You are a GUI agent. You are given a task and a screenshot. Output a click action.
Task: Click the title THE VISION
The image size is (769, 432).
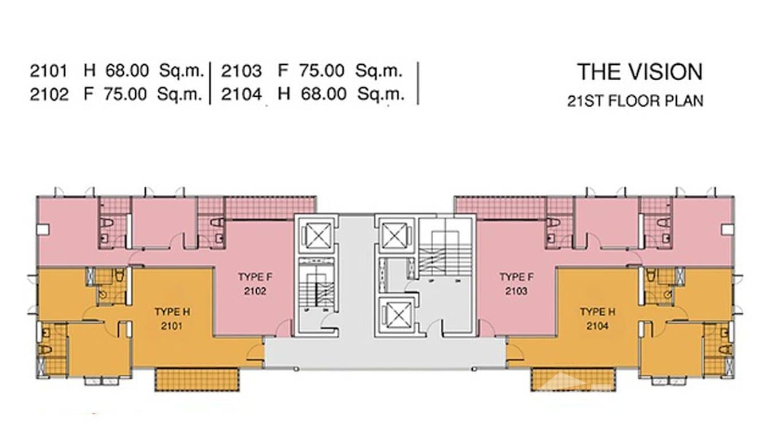click(639, 72)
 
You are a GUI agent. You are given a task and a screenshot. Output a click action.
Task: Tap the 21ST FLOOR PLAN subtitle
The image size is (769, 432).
click(635, 101)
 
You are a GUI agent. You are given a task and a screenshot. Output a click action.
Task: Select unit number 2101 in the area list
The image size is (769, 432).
click(48, 72)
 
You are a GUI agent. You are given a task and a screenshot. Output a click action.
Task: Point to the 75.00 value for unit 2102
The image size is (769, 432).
click(125, 94)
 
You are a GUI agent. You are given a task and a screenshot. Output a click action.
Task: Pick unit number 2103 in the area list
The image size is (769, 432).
click(241, 72)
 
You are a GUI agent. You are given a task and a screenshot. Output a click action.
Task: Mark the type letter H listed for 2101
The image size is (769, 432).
click(89, 72)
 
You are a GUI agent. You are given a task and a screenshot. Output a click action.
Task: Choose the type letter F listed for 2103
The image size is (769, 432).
click(283, 72)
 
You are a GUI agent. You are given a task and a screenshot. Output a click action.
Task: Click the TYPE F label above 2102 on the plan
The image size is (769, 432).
click(255, 277)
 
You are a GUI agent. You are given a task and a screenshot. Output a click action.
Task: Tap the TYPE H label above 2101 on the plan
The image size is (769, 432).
click(172, 312)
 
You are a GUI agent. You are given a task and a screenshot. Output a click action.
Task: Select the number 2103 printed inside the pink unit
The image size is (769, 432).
click(516, 291)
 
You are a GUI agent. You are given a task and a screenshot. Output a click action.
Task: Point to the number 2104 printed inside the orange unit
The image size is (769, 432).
click(597, 326)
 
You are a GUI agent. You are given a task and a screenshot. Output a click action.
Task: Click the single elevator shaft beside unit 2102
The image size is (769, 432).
click(316, 236)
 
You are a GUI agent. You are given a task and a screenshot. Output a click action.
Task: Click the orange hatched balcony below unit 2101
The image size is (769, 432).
click(197, 379)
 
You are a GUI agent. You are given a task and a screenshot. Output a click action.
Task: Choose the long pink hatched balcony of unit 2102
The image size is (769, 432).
click(269, 207)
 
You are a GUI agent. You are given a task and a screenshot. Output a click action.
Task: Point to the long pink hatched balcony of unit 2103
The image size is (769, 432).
click(500, 207)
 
